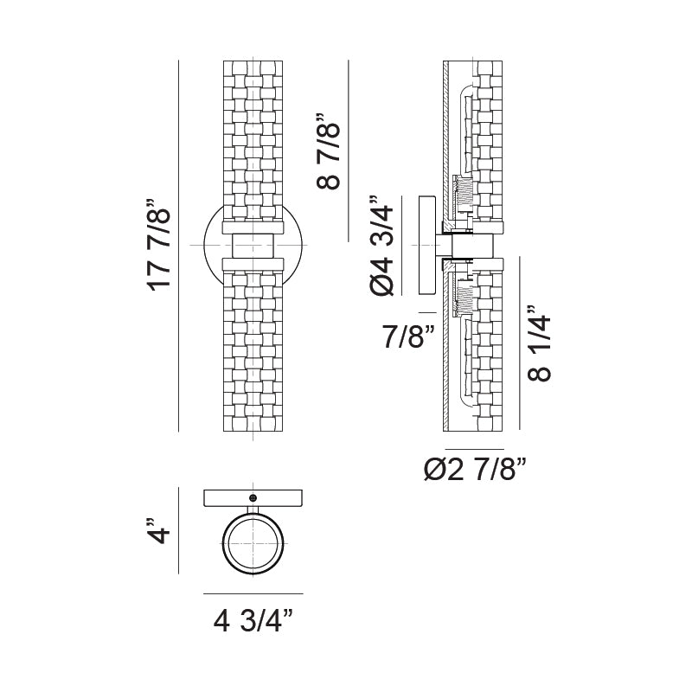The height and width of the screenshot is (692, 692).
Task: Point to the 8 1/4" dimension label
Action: click(537, 343)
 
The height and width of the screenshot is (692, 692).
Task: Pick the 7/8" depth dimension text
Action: click(408, 337)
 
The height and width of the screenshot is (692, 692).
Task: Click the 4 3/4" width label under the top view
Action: click(253, 619)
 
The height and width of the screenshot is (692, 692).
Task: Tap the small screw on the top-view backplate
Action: click(253, 497)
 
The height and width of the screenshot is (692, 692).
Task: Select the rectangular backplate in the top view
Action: click(253, 498)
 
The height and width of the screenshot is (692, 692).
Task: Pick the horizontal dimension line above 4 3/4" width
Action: click(253, 594)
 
